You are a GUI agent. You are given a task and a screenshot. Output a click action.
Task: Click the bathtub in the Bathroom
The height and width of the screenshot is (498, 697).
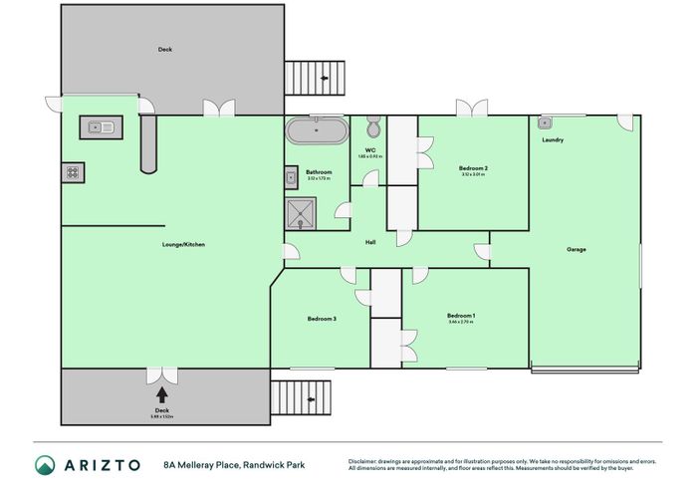coord(317,130)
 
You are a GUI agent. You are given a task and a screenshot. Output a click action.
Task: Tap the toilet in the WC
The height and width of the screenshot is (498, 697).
coord(372,127)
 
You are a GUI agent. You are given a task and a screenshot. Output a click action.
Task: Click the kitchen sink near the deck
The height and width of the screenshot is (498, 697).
coord(100,126)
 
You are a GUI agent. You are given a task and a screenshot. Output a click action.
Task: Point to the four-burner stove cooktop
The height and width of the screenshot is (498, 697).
coord(73,172)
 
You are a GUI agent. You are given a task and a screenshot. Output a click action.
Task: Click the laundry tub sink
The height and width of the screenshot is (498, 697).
coord(545,123)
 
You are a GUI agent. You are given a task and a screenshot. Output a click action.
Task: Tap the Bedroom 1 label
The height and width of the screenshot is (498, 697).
coord(461,316)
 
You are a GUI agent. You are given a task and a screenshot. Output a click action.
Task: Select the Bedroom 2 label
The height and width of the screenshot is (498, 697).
coord(472,168)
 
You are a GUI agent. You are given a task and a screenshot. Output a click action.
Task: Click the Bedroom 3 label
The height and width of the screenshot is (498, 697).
coord(322,319)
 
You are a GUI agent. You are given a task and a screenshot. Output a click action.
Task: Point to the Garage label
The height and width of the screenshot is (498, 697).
coord(576,249)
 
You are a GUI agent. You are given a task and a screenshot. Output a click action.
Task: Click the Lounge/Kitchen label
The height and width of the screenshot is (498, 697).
coord(183,244)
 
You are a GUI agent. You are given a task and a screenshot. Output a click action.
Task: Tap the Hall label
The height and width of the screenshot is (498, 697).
coord(369,242)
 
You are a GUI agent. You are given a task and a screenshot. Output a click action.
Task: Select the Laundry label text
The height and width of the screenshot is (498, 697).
coord(553,140)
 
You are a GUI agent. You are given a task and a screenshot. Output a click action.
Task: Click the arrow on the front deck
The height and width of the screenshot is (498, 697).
coord(162,394)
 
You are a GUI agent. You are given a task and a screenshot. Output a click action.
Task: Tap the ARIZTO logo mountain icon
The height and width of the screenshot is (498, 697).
coord(46,465)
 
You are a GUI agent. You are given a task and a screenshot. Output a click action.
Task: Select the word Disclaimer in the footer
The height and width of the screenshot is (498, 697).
coord(365,460)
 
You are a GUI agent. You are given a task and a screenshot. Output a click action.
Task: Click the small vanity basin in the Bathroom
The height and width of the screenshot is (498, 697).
coord(290,178)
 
